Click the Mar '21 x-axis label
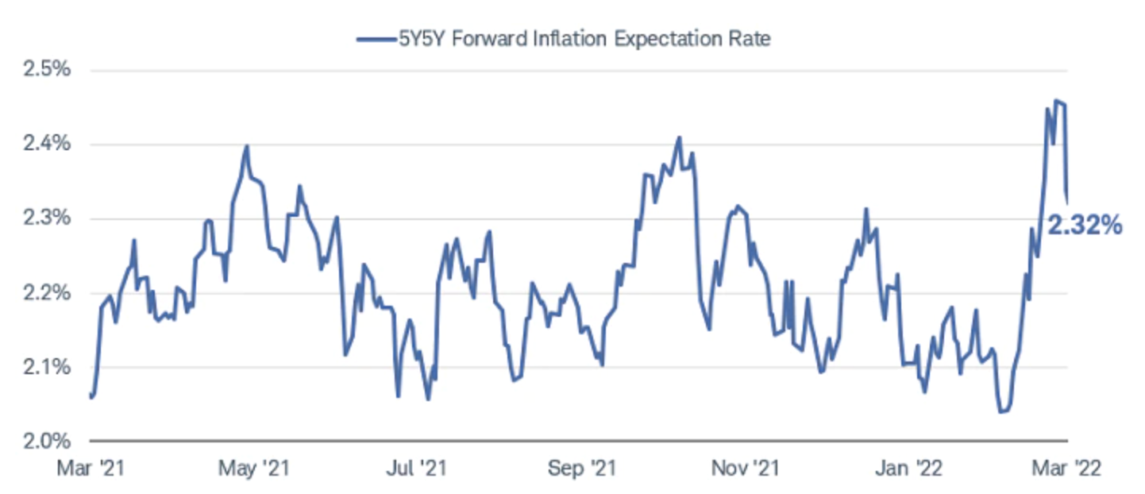[91, 469]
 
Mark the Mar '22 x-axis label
[1067, 469]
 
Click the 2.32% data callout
[1085, 226]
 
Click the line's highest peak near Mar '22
[1056, 100]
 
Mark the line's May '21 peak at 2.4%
[247, 146]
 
